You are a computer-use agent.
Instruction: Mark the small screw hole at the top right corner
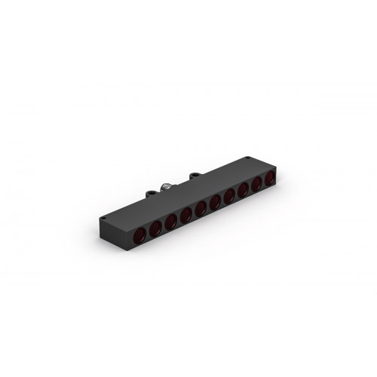point(250,159)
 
